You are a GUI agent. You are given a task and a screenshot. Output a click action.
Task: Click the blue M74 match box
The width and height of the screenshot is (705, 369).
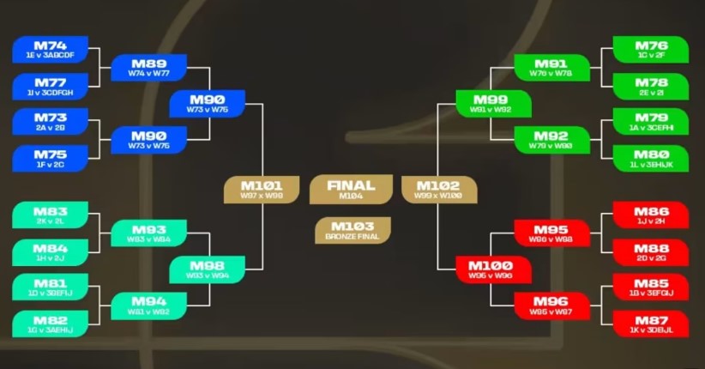51,50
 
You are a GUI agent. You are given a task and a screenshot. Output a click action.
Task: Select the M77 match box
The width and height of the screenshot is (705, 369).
51,87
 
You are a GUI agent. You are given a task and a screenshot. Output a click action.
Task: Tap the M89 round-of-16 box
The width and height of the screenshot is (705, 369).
148,68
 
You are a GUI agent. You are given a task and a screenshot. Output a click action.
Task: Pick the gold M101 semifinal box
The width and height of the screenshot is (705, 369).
261,190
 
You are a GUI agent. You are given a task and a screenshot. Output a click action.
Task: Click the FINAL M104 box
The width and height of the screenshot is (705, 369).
351,189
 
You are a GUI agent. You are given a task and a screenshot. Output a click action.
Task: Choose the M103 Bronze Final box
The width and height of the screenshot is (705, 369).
352,230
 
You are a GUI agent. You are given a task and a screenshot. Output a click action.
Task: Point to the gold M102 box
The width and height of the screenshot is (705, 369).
438,190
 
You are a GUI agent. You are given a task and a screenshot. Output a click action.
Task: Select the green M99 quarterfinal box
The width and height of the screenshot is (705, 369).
490,105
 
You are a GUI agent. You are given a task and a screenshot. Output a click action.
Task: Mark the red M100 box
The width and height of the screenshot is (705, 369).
490,270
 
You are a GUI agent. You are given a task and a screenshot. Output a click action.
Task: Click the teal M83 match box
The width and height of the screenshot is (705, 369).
51,215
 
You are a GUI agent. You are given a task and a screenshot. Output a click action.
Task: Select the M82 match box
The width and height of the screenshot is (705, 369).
51,324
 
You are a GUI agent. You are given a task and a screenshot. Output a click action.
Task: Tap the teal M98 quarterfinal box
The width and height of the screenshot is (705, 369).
207,270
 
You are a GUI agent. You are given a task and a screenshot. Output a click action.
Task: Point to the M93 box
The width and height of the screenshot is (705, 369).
148,233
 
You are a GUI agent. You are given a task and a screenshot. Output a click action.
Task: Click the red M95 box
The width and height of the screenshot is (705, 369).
551,233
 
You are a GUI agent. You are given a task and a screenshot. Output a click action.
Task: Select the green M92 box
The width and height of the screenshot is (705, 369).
551,140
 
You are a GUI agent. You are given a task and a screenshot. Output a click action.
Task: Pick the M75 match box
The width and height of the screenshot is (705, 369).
51,159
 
